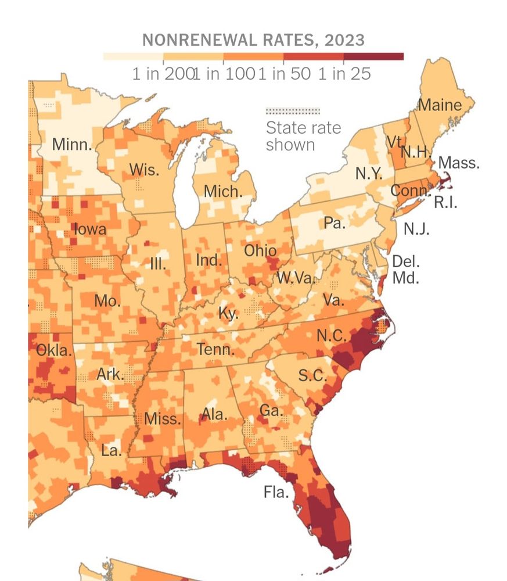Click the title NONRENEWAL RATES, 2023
click(x=253, y=40)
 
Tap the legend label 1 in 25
click(x=344, y=74)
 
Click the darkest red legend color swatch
click(x=373, y=57)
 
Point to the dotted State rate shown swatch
click(x=292, y=111)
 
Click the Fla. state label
click(x=276, y=493)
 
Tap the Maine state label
click(x=440, y=105)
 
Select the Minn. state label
click(x=72, y=145)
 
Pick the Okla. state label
click(x=54, y=351)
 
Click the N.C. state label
click(x=332, y=336)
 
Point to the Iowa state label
click(x=90, y=229)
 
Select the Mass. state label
click(x=459, y=163)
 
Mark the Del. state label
click(x=406, y=261)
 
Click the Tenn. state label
click(x=216, y=350)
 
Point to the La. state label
click(x=112, y=450)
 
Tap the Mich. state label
click(x=222, y=191)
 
